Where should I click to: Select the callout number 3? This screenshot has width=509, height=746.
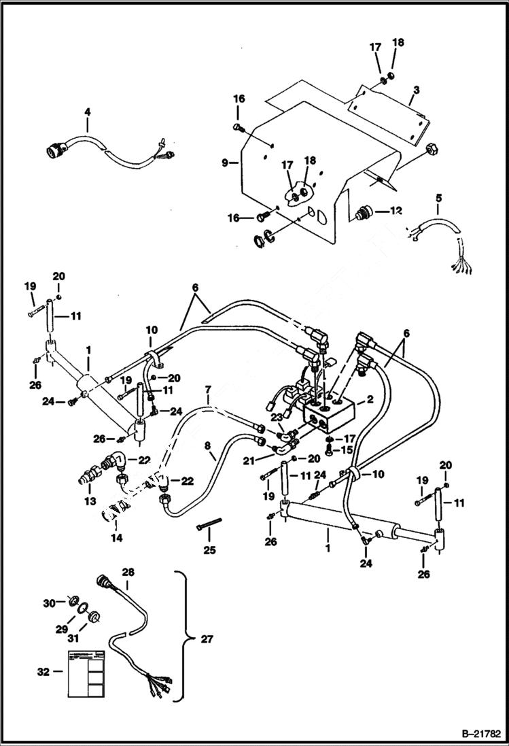(416, 90)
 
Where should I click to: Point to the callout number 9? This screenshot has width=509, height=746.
(225, 163)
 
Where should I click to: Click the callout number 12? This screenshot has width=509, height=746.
(396, 211)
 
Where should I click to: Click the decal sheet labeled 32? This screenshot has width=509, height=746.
(86, 672)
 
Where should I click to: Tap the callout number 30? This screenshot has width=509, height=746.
(48, 603)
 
